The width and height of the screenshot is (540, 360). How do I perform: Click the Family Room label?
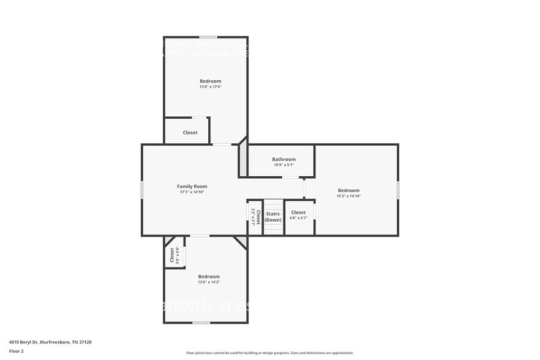click(x=192, y=186)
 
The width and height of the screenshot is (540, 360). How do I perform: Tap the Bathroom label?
click(x=283, y=159)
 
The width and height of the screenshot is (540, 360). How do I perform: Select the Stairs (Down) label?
click(x=273, y=217)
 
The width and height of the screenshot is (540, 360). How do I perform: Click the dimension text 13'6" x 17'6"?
click(x=210, y=87)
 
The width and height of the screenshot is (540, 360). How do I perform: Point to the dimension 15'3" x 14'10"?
click(x=348, y=196)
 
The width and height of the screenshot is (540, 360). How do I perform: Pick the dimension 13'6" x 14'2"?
click(x=209, y=282)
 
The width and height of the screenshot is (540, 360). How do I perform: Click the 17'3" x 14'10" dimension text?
click(x=192, y=192)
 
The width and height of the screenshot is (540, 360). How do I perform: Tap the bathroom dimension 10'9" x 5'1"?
click(x=283, y=165)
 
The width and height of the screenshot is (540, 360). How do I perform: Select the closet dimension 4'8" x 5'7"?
click(x=298, y=218)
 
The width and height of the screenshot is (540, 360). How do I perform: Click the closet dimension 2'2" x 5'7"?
click(x=252, y=218)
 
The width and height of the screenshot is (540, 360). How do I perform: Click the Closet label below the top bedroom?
click(x=190, y=132)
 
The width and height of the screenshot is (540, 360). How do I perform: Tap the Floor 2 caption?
click(x=16, y=351)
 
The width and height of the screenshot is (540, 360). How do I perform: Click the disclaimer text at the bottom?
click(x=269, y=353)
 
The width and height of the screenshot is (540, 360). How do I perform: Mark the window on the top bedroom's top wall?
click(x=208, y=37)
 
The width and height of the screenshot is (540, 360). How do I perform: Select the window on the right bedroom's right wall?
click(x=398, y=190)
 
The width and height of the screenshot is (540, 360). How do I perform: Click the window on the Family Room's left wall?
click(x=142, y=189)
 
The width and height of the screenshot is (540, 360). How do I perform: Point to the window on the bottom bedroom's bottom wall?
click(x=201, y=323)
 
